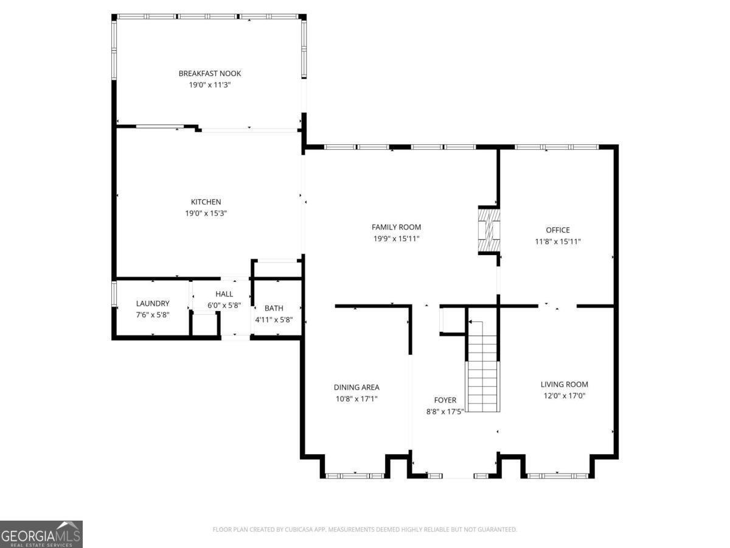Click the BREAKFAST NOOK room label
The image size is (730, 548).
(x=209, y=74)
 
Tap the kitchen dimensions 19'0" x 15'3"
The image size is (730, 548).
(x=206, y=213)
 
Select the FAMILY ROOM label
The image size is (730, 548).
(x=396, y=227)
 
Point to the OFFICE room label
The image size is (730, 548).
(x=557, y=230)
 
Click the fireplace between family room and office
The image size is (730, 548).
(x=488, y=230)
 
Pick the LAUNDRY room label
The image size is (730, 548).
(x=153, y=303)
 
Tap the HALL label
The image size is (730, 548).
(x=224, y=294)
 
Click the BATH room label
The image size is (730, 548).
(x=274, y=309)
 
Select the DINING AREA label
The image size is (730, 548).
(x=356, y=387)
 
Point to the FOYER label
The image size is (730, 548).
(x=445, y=400)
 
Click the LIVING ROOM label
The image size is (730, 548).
(x=564, y=384)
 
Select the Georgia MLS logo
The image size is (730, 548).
(x=41, y=535)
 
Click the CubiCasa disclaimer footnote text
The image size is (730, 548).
(x=364, y=529)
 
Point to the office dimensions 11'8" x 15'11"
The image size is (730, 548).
(x=557, y=242)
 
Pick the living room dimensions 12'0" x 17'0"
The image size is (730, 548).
(x=564, y=396)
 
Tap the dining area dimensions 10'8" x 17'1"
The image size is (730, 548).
(x=356, y=399)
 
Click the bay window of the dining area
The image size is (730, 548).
(x=355, y=476)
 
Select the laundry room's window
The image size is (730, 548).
(x=114, y=294)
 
